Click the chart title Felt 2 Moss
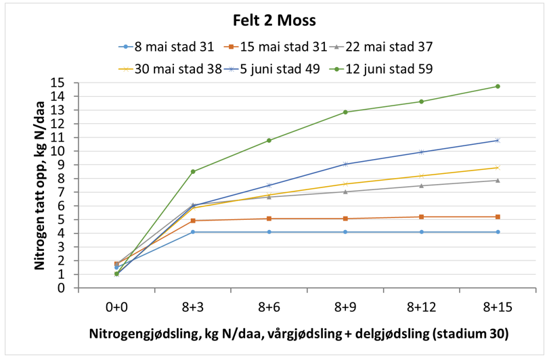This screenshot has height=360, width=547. (273, 20)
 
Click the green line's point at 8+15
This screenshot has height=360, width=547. (498, 86)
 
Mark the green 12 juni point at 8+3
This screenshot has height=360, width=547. (193, 171)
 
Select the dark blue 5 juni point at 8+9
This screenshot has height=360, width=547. (345, 164)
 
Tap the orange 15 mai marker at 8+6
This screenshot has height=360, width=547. (269, 219)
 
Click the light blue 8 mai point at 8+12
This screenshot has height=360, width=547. (421, 232)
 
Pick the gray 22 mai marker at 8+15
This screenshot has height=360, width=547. (498, 180)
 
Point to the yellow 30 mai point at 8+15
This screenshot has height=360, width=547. (498, 167)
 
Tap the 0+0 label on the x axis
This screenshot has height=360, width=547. (116, 306)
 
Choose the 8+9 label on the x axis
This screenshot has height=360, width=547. (345, 306)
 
